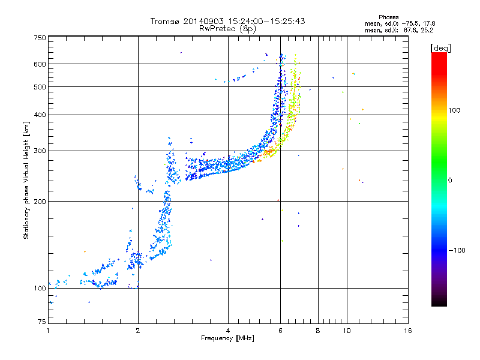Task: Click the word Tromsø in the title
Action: point(164,21)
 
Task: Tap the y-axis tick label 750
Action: point(40,38)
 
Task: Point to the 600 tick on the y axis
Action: point(40,64)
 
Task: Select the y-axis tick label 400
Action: point(40,115)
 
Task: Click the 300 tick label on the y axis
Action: point(40,151)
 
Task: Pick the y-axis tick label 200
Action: point(40,201)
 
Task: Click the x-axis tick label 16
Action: point(408,331)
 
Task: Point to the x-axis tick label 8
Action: point(318,331)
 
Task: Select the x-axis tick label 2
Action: point(138,331)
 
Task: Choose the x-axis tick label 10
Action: point(346,331)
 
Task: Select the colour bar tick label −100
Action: point(458,250)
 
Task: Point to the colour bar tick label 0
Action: point(454,180)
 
